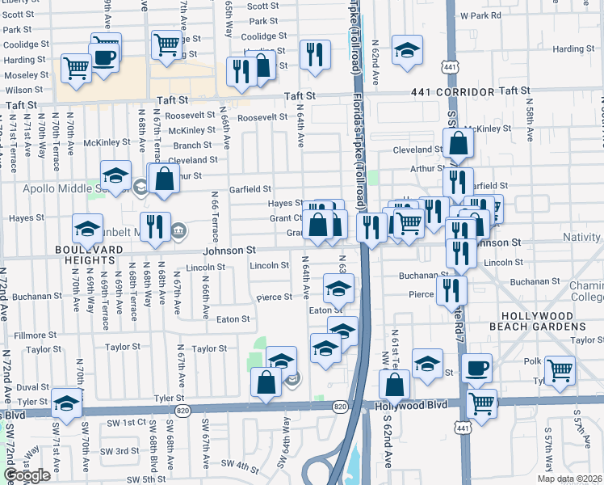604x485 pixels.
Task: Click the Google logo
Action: pyautogui.click(x=27, y=475)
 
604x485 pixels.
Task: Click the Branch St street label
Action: pyautogui.click(x=192, y=145)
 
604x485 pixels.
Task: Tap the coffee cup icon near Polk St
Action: pyautogui.click(x=476, y=368)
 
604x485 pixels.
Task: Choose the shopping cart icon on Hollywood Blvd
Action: pyautogui.click(x=482, y=403)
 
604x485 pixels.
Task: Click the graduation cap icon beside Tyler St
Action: pyautogui.click(x=67, y=402)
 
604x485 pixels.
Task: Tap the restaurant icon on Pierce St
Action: pyautogui.click(x=451, y=289)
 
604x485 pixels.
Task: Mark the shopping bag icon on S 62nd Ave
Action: pyautogui.click(x=394, y=384)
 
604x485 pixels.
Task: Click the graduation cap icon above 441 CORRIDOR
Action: pyautogui.click(x=408, y=49)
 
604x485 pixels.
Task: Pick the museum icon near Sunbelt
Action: pyautogui.click(x=178, y=233)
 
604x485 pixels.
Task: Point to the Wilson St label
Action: pyautogui.click(x=24, y=91)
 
